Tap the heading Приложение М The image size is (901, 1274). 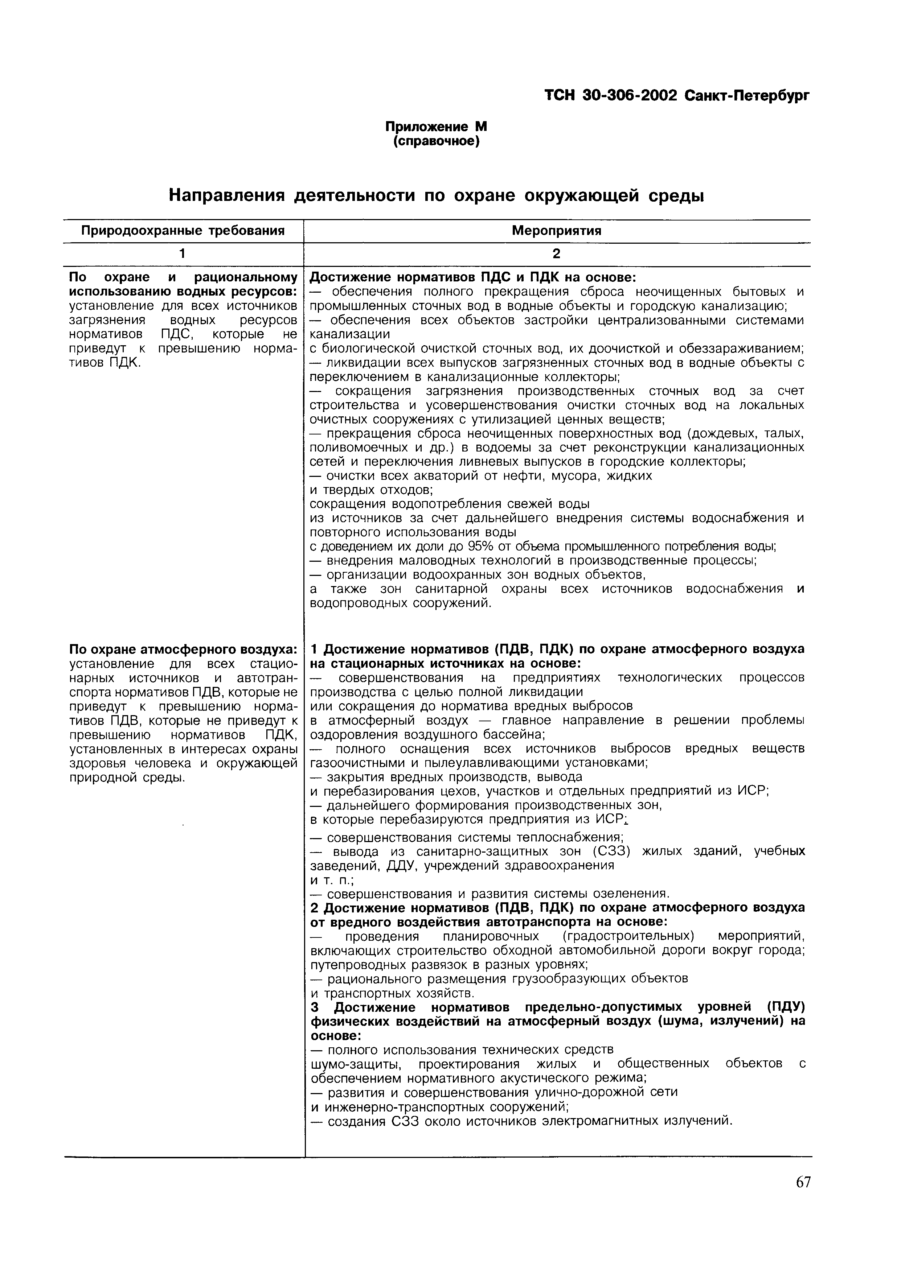point(436,127)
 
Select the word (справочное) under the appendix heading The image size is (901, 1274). point(436,142)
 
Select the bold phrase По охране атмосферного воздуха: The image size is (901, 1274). point(183,649)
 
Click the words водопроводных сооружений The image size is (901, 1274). point(400,603)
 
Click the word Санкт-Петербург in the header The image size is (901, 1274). point(747,95)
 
